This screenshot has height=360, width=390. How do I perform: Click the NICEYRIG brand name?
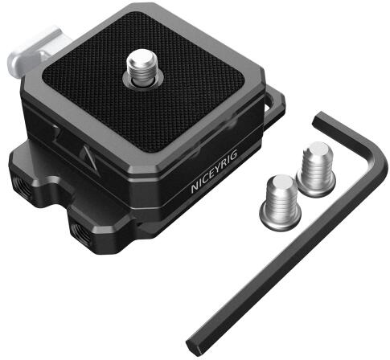[x=214, y=172]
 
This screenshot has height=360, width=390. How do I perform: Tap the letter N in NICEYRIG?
[x=195, y=187]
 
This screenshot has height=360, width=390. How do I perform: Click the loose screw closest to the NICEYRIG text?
[x=281, y=202]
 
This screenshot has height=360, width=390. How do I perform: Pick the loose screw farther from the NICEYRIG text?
[x=316, y=169]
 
